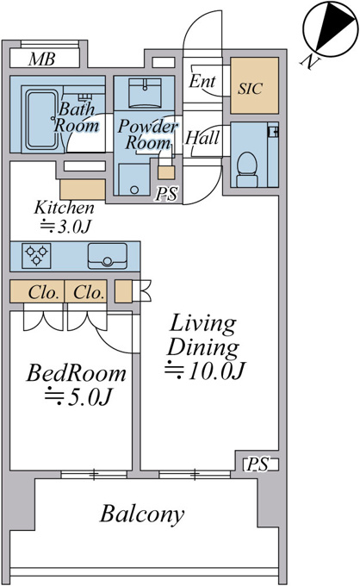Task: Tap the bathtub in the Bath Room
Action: click(42, 120)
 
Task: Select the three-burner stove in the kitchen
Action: click(36, 256)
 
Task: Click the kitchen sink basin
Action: click(107, 256)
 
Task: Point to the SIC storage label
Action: click(251, 89)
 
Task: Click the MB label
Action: click(42, 59)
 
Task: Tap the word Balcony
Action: click(142, 514)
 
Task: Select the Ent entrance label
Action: click(202, 81)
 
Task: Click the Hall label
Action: click(202, 138)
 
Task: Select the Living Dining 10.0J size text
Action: click(205, 371)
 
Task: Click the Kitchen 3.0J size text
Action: click(65, 227)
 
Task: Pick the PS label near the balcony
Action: click(258, 464)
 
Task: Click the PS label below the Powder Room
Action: click(166, 194)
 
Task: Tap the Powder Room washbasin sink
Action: click(145, 92)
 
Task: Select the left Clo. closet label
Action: click(43, 292)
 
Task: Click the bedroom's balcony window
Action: click(94, 475)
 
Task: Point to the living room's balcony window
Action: click(194, 475)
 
